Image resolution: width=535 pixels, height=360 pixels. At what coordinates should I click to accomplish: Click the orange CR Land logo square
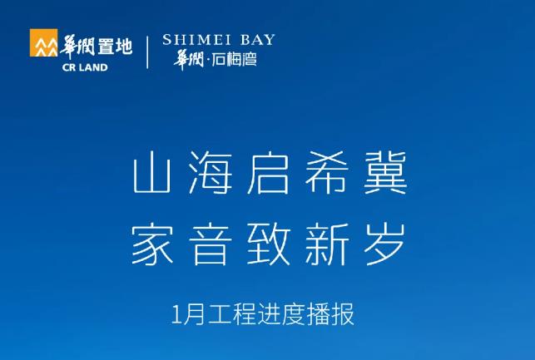(43, 42)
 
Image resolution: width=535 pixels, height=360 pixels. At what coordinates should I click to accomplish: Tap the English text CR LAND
(85, 67)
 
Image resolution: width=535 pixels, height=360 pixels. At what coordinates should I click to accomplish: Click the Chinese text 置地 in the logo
(115, 47)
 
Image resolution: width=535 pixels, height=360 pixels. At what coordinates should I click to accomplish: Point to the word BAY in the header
(258, 40)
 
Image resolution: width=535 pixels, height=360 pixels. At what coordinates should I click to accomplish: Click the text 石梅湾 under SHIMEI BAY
(234, 60)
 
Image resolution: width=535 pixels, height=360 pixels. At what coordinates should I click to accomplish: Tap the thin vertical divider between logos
(147, 52)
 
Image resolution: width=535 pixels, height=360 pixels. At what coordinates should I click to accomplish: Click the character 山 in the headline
(151, 173)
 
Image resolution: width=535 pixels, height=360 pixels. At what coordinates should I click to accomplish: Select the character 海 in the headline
(210, 172)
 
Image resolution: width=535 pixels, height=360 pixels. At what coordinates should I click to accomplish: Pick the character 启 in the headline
(268, 172)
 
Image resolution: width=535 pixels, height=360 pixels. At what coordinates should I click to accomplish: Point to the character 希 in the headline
(326, 172)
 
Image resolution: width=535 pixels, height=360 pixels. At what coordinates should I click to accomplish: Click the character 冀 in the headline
(385, 172)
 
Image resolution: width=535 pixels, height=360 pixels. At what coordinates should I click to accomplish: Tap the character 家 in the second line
(151, 244)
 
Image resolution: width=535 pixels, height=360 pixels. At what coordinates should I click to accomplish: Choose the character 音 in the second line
(210, 244)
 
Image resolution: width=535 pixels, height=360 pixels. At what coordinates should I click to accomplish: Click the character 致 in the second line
(268, 244)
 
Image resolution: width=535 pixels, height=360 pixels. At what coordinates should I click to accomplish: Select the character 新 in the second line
(326, 244)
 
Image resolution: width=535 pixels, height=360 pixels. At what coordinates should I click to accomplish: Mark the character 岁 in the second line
(385, 244)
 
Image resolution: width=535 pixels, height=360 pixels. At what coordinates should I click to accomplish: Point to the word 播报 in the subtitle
(330, 314)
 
